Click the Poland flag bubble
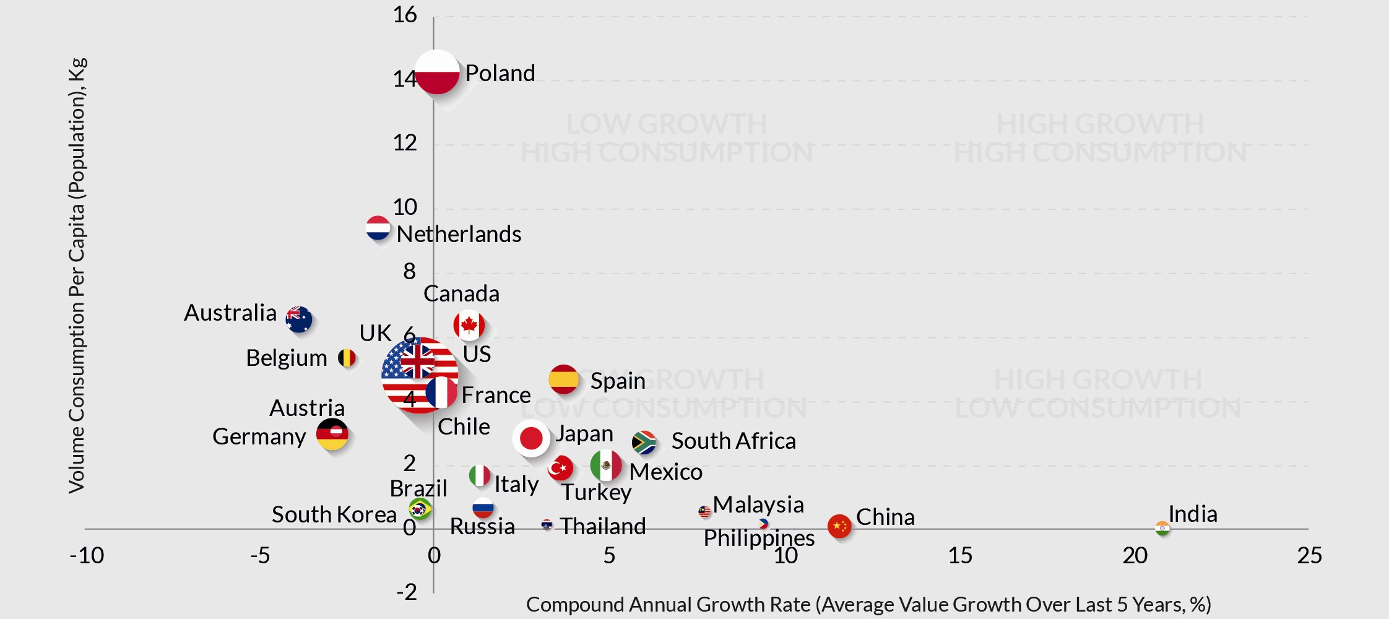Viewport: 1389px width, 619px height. tap(437, 72)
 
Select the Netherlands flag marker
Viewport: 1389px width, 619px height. tap(378, 228)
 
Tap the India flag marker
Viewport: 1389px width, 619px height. tap(1162, 528)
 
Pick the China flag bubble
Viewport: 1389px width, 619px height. tap(839, 526)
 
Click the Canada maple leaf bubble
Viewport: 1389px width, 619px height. tap(469, 325)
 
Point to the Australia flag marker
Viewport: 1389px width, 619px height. tap(299, 319)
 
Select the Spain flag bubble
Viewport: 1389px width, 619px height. tap(563, 379)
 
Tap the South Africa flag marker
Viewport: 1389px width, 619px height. tap(644, 443)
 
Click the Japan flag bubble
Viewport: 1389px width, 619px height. tap(531, 438)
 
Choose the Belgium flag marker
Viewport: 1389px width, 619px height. tap(347, 358)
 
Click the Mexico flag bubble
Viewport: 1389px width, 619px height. tap(606, 465)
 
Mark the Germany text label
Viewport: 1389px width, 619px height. tap(259, 436)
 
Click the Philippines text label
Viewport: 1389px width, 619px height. tap(759, 538)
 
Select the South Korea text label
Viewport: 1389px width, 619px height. tap(334, 514)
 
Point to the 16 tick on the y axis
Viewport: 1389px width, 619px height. tap(405, 15)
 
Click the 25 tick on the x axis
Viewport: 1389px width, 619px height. tap(1309, 555)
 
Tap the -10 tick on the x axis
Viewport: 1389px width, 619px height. tap(87, 555)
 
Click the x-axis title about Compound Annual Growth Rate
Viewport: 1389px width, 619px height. tap(868, 604)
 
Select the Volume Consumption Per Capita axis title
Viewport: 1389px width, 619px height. tap(77, 275)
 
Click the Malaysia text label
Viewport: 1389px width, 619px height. tap(758, 504)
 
